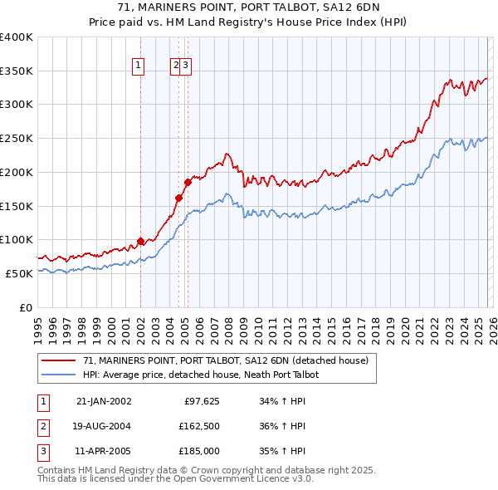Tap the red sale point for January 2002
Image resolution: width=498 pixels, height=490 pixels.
140,242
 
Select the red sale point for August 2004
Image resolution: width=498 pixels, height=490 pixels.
178,198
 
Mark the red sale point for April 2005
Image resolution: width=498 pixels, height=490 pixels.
188,182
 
